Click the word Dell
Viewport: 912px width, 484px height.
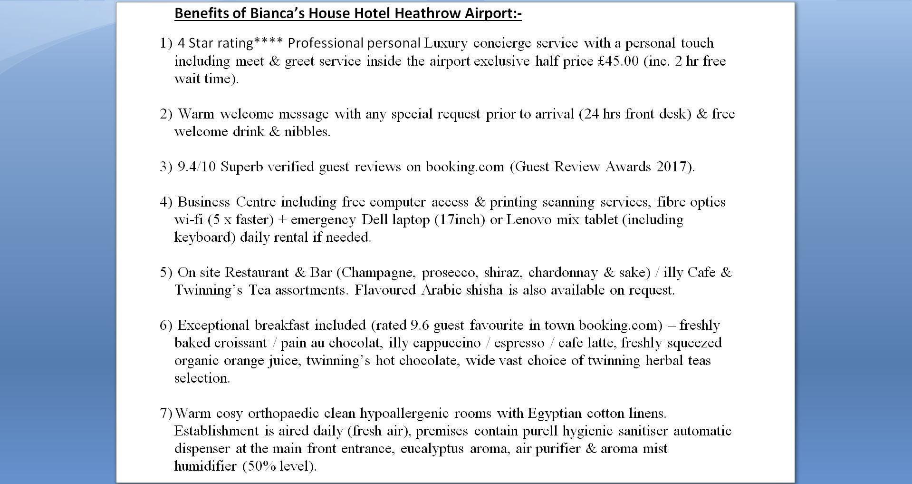(375, 220)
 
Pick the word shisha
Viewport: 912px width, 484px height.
(484, 290)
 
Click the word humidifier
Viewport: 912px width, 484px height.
(206, 466)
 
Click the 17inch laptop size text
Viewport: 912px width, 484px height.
(460, 220)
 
